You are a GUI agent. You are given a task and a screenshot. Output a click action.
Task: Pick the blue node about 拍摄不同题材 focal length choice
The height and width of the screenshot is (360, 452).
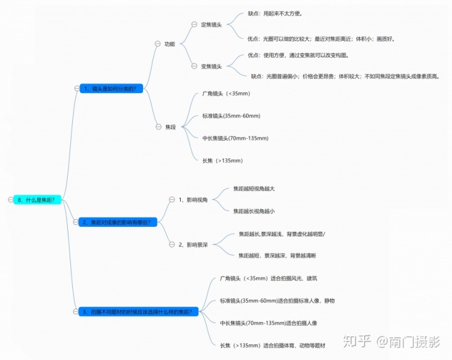pyautogui.click(x=140, y=312)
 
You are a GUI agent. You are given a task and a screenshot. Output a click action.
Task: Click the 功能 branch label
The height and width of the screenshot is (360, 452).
pyautogui.click(x=169, y=44)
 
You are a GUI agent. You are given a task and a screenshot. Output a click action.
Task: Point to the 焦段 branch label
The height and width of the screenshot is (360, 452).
pyautogui.click(x=170, y=127)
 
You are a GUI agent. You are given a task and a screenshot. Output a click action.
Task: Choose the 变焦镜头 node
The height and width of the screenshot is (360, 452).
pyautogui.click(x=212, y=66)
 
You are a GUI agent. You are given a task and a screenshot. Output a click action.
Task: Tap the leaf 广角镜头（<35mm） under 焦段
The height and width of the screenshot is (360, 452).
pyautogui.click(x=226, y=94)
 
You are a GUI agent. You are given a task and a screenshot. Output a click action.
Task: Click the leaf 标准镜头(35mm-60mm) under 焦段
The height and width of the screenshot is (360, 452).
pyautogui.click(x=231, y=116)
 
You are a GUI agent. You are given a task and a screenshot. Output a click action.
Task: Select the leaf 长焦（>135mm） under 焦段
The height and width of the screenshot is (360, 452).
pyautogui.click(x=222, y=160)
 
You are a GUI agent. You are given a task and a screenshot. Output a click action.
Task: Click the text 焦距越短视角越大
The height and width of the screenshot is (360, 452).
pyautogui.click(x=254, y=188)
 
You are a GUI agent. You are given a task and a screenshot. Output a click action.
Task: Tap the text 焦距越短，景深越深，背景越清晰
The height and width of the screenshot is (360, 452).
pyautogui.click(x=277, y=256)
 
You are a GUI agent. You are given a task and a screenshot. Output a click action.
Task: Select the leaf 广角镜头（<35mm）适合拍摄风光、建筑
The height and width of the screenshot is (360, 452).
pyautogui.click(x=264, y=278)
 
